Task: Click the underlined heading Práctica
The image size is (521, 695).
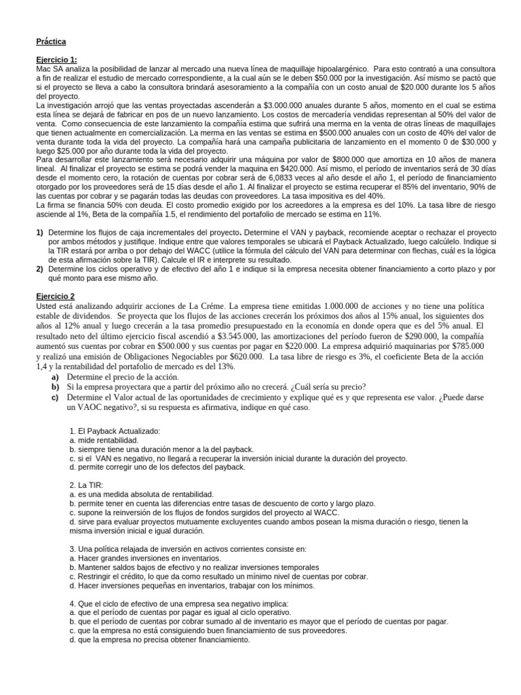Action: [51, 41]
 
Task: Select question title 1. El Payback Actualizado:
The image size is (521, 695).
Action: [115, 432]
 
